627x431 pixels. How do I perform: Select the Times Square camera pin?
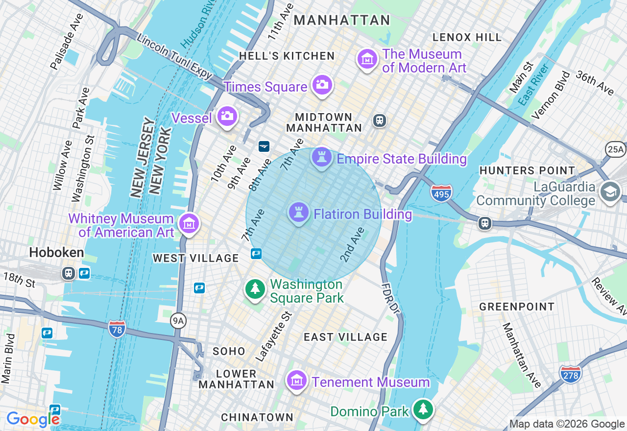tap(322, 85)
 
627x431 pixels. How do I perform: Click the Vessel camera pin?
tap(227, 117)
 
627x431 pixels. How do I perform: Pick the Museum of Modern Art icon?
tap(367, 60)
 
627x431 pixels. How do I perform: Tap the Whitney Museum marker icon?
tap(189, 224)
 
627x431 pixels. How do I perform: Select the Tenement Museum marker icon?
tap(296, 381)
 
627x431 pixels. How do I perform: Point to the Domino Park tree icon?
tap(423, 409)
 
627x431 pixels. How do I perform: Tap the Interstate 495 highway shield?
tap(441, 192)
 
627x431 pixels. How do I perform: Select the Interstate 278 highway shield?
tap(571, 374)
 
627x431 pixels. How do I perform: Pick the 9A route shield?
tap(178, 321)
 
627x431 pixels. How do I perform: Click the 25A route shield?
tap(616, 149)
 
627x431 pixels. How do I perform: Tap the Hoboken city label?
tap(56, 253)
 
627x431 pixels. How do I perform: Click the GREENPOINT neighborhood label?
tap(517, 307)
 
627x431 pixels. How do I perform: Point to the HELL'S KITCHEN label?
tap(287, 56)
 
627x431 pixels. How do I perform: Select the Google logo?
tap(33, 419)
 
